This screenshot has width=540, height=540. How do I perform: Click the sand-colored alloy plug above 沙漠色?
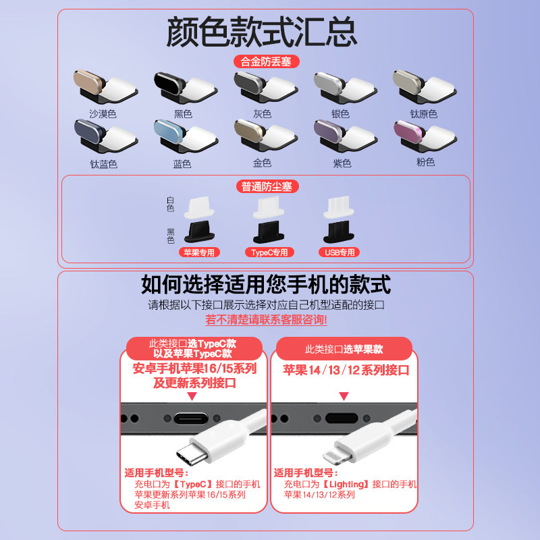[105, 86]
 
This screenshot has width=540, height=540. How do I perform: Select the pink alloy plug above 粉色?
[425, 136]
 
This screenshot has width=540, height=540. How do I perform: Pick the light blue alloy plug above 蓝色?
[186, 136]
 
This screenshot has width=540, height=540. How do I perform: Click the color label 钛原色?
[424, 113]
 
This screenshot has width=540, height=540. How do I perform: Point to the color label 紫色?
[342, 163]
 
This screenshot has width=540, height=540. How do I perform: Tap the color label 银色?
[340, 113]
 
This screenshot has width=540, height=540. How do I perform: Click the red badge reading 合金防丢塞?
[266, 61]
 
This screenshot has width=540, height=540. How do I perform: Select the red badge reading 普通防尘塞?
[267, 186]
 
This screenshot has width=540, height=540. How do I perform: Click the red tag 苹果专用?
[199, 252]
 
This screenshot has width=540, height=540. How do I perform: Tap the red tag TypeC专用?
[269, 252]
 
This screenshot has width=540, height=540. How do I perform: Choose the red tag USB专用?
[340, 252]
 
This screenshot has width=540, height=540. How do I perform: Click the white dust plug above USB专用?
[339, 207]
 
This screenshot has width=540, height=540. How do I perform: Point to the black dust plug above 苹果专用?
[199, 232]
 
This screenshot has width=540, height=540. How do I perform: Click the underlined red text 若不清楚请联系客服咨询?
[266, 319]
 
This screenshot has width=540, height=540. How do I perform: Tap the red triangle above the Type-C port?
[192, 396]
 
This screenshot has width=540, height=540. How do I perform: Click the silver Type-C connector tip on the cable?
[192, 454]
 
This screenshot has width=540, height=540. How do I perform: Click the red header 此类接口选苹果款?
[344, 349]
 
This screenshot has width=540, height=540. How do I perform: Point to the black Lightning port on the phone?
[342, 418]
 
